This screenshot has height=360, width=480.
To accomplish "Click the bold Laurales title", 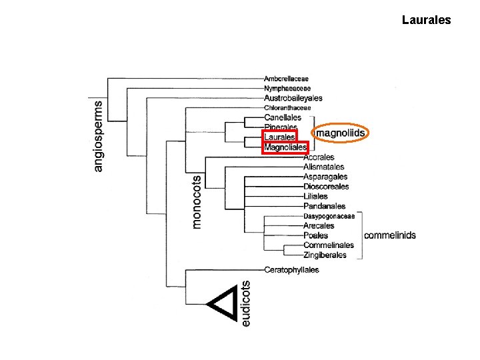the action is pos(426,20).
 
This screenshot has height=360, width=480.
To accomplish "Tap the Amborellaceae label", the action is pos(286,79).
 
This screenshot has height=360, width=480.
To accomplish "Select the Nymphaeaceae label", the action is pos(287,89).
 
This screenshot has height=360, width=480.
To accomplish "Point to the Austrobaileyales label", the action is pos(293,98).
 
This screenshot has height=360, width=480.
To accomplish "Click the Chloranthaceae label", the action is pos(287,108).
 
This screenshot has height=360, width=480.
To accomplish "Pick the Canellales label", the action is pos(283,117).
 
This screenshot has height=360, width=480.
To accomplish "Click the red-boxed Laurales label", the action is pos(280,137).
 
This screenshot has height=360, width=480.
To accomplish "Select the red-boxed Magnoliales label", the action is pos(285,147).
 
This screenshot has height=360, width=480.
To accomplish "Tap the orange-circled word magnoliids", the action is pos(341,133).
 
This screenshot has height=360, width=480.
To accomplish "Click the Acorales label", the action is pos(319,157).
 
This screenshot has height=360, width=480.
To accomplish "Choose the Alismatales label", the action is pos(323,167).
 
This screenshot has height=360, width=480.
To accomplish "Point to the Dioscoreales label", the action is pos(326,187).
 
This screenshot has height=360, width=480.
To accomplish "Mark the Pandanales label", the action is pos(324,206).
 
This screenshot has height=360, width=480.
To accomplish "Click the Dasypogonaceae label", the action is pos(329,217).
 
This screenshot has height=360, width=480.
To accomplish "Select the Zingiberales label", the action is pos(325,255).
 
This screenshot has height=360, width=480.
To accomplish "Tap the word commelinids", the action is pos(390,235).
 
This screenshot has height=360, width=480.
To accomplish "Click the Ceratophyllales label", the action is pos(291,270).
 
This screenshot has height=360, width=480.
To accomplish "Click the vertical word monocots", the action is pos(196,202).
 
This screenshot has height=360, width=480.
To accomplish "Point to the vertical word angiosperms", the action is pos(98,137).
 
